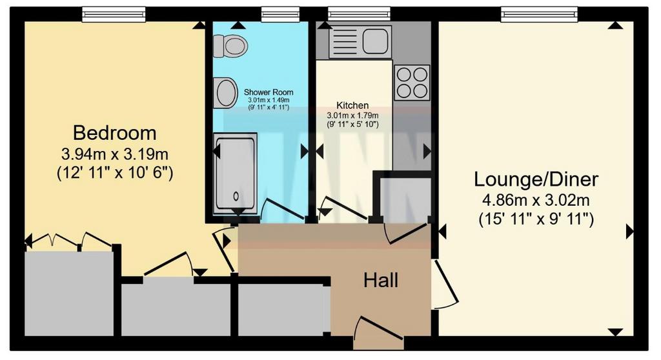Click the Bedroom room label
pos(115,133)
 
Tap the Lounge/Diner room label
pos(536,179)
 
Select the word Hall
pos(381,280)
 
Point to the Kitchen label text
pos(352,105)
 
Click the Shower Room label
pos(269,92)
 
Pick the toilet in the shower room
pos(230,46)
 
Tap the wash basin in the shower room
pos(225,92)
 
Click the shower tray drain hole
pos(236,195)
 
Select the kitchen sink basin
pos(375,41)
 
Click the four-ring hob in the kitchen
pos(412,82)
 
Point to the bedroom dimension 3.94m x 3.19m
pos(115,154)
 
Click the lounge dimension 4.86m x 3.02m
pos(536,200)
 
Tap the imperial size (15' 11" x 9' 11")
pos(536,219)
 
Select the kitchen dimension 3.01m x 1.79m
pos(352,115)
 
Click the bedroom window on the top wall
pos(114,15)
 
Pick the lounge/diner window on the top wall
pos(539,15)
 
